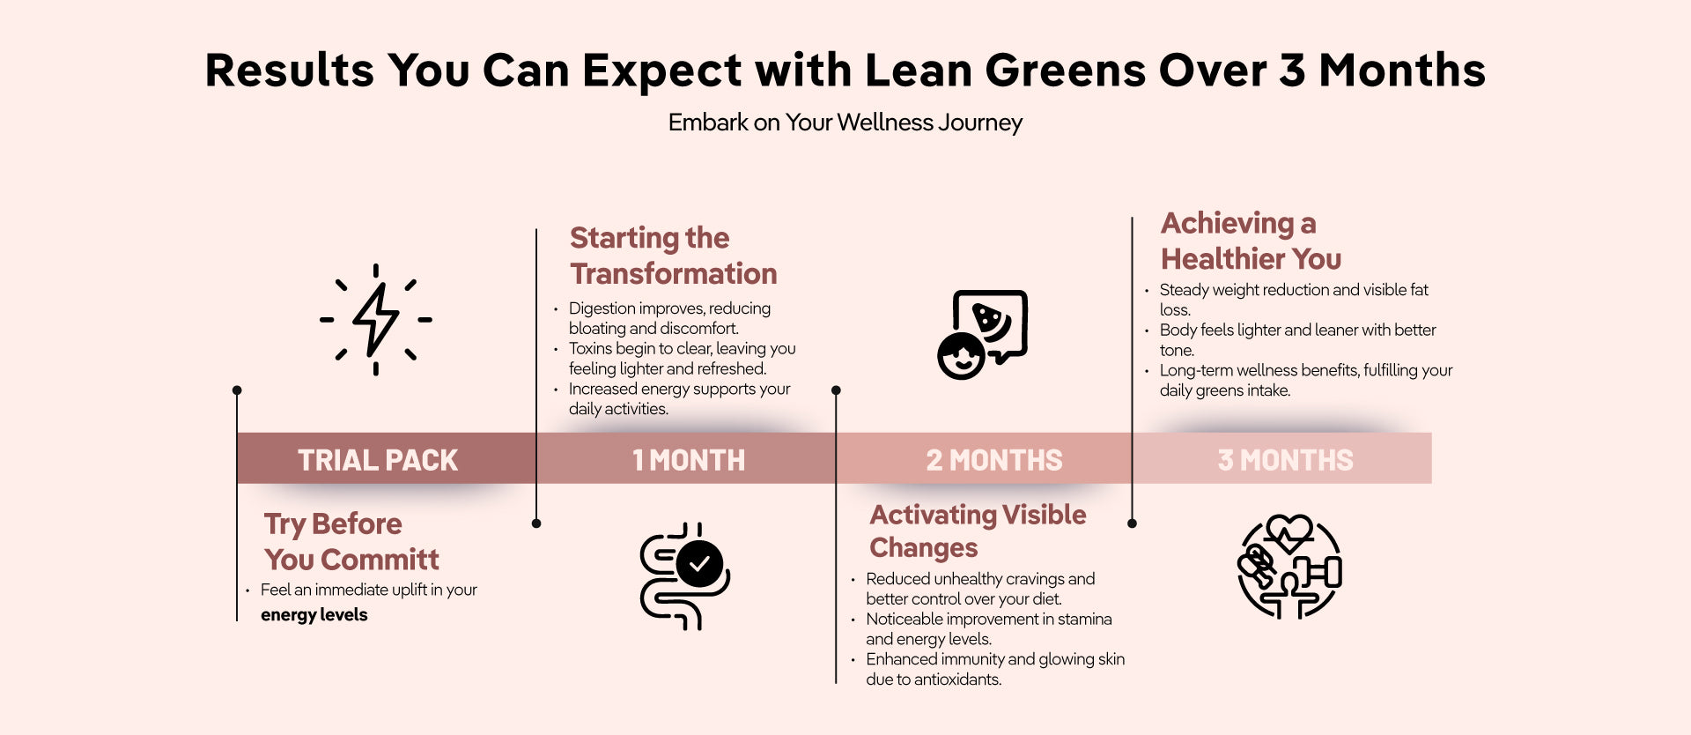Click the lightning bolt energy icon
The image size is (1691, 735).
(376, 319)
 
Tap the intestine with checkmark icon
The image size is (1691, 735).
(684, 576)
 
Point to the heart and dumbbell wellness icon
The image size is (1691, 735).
(1289, 567)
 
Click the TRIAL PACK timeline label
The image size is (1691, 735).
(378, 460)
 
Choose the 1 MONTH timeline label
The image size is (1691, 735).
(689, 460)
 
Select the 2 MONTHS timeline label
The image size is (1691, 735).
(994, 460)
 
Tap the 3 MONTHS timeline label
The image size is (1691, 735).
(1286, 460)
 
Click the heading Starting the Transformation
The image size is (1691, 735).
(674, 256)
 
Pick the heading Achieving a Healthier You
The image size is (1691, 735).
(1252, 241)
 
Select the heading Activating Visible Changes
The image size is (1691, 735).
(978, 531)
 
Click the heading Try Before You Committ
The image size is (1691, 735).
(351, 541)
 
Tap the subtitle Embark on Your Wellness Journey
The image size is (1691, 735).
(845, 122)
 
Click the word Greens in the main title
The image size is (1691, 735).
(1064, 71)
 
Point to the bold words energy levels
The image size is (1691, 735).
(314, 614)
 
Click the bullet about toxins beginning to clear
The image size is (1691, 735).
(683, 359)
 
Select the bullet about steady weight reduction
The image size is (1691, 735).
(1294, 300)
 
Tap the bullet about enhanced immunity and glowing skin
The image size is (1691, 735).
(995, 669)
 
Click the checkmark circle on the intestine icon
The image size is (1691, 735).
(700, 564)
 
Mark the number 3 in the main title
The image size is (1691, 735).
(1292, 71)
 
